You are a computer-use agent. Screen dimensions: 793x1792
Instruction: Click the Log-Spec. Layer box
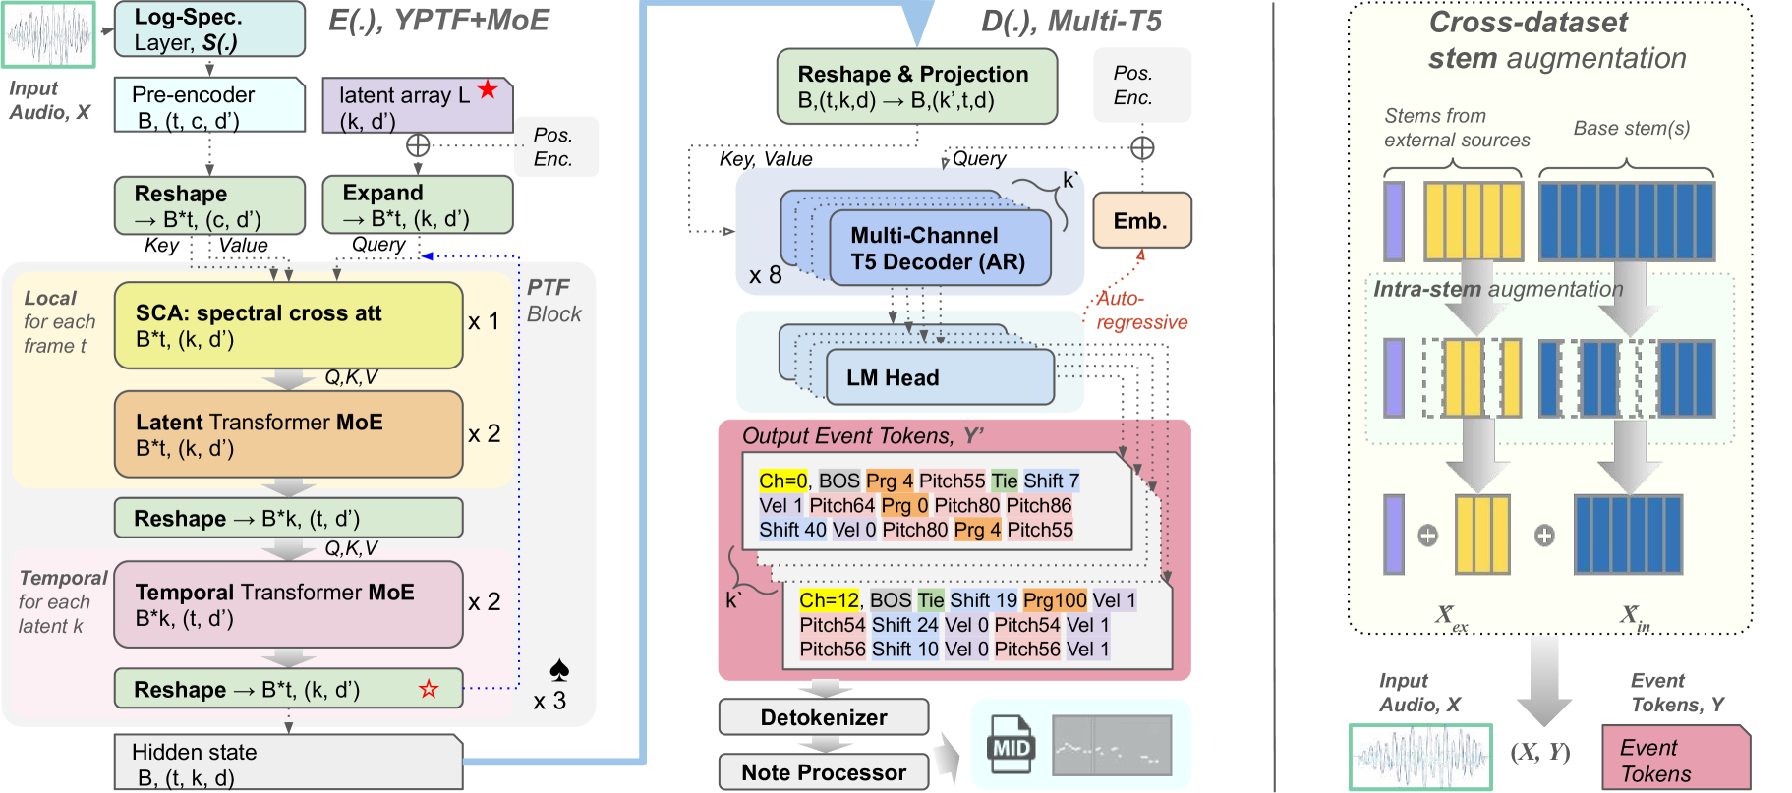tap(208, 29)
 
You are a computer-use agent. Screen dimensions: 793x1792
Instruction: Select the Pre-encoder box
tap(208, 105)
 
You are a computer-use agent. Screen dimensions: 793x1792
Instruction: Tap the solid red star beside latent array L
tap(488, 90)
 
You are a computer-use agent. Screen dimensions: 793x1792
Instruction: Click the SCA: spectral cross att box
tap(288, 326)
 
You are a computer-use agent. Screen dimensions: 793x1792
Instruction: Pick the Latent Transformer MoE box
tap(288, 434)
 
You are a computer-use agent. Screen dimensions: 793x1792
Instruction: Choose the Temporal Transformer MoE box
tap(288, 604)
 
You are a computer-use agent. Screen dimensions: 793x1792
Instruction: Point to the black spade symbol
tap(559, 670)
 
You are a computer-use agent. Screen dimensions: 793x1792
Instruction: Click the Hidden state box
tap(288, 764)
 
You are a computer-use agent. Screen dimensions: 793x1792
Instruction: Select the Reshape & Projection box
tap(916, 86)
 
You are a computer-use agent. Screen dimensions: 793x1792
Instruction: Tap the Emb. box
tap(1141, 220)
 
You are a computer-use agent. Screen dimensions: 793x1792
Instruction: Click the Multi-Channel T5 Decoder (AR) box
tap(938, 249)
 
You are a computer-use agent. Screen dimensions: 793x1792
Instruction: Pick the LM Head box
tap(938, 377)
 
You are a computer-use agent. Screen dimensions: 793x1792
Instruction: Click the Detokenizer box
tap(824, 717)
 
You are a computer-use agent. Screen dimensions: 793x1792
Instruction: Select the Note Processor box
tap(824, 772)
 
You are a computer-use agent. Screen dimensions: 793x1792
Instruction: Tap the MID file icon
tap(1011, 745)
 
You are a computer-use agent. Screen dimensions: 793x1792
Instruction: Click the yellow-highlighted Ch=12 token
tap(829, 600)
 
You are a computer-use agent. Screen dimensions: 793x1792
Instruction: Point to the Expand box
tap(417, 204)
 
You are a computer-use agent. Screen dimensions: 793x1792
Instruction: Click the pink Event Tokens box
tap(1675, 758)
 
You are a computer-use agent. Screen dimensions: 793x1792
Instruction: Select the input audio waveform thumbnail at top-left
tap(49, 34)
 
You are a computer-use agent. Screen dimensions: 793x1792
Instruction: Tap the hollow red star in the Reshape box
tap(429, 689)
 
